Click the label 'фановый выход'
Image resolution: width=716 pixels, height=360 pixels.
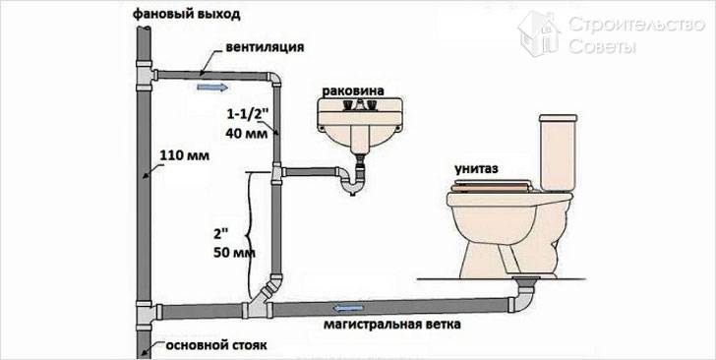[187, 14]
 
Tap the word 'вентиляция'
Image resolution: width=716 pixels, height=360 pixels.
[265, 47]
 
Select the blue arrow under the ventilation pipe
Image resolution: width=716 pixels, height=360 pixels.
[212, 87]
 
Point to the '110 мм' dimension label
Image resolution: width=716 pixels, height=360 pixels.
[185, 155]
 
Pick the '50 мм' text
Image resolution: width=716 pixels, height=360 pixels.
[234, 253]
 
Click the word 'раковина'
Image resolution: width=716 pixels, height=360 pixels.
[353, 90]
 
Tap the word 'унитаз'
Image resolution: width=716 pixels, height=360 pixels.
[476, 169]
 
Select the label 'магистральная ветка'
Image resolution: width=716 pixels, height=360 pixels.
[392, 325]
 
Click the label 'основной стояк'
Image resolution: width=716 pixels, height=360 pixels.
[216, 345]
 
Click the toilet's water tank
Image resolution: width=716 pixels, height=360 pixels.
[557, 152]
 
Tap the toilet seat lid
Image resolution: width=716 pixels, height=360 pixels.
[492, 185]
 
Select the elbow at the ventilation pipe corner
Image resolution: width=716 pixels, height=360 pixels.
[275, 80]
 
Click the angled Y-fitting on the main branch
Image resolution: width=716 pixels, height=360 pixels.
[262, 298]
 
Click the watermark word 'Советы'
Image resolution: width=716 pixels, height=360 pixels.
[602, 45]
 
